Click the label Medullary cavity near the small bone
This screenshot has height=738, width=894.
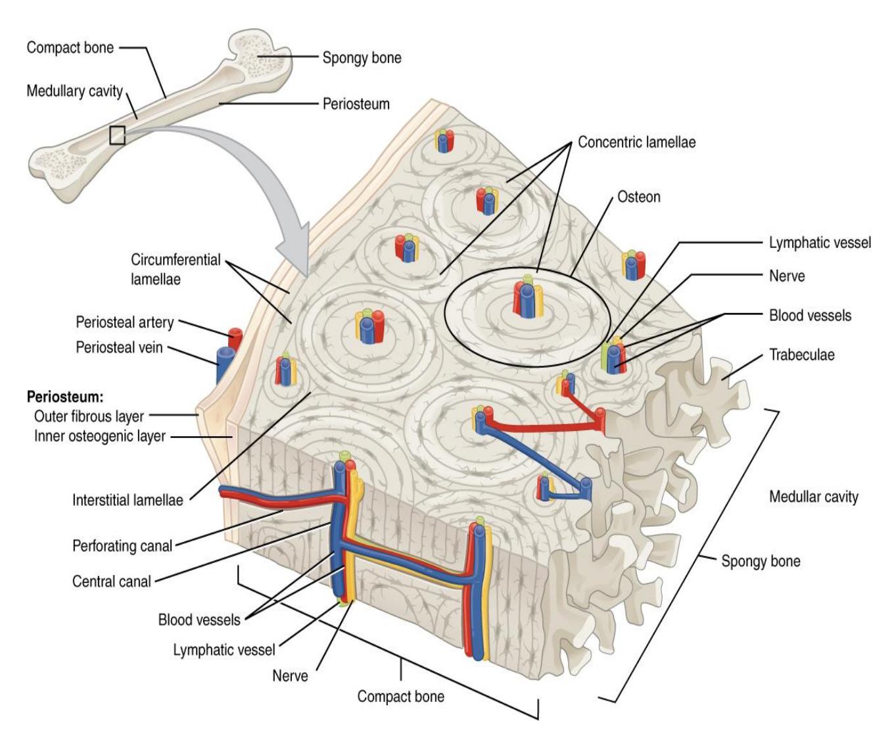74,91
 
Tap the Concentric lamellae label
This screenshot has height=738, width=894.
637,142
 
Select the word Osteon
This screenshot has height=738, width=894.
639,197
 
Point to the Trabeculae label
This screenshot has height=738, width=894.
801,355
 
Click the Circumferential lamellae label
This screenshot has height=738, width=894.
176,270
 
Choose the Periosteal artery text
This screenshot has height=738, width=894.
125,322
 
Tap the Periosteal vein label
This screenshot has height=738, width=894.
119,347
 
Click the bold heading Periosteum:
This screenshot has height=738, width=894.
65,397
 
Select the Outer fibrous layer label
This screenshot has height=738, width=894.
89,416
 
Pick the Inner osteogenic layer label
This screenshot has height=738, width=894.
100,436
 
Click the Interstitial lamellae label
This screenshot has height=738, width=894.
128,500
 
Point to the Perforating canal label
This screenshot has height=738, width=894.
122,546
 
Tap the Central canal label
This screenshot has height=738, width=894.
111,581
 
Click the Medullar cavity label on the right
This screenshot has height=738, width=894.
814,497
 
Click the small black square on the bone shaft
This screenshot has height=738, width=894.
117,135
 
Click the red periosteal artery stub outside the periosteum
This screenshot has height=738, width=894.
235,339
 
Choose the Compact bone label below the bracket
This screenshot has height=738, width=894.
401,697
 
